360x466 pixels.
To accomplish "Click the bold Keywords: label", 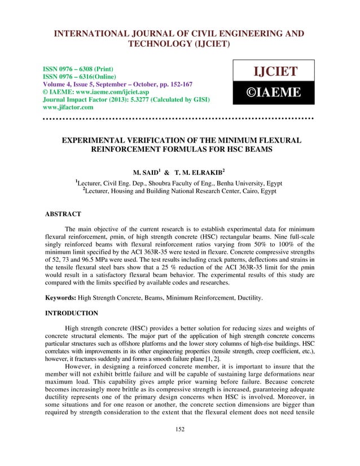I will pos(60,297).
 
